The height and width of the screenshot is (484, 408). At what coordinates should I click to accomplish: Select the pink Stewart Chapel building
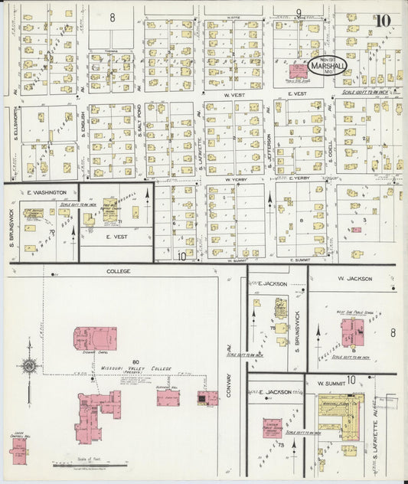coord(95,338)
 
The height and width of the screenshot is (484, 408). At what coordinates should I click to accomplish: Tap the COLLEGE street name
coord(119,271)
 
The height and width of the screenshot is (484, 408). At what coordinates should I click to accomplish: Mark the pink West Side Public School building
coord(352,332)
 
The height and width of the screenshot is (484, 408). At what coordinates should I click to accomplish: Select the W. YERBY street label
coord(239,178)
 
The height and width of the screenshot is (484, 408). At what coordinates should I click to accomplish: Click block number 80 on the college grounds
coord(136,361)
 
